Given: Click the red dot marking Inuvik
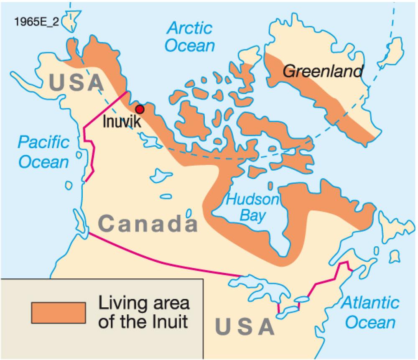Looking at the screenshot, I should click(x=140, y=109).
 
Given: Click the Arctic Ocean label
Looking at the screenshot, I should click(x=190, y=37).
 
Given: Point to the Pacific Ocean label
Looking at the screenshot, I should click(x=43, y=152).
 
